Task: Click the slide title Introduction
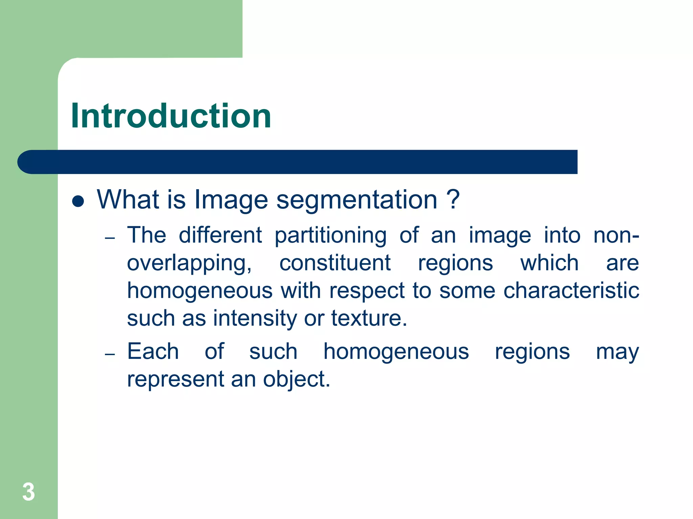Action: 171,116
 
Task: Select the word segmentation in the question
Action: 357,200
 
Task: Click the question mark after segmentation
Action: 453,199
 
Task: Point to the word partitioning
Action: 330,236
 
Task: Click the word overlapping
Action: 189,264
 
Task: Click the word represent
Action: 176,379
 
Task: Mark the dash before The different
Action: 110,238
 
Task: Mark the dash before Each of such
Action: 110,354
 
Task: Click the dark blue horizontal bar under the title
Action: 298,162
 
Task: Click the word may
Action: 617,352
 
